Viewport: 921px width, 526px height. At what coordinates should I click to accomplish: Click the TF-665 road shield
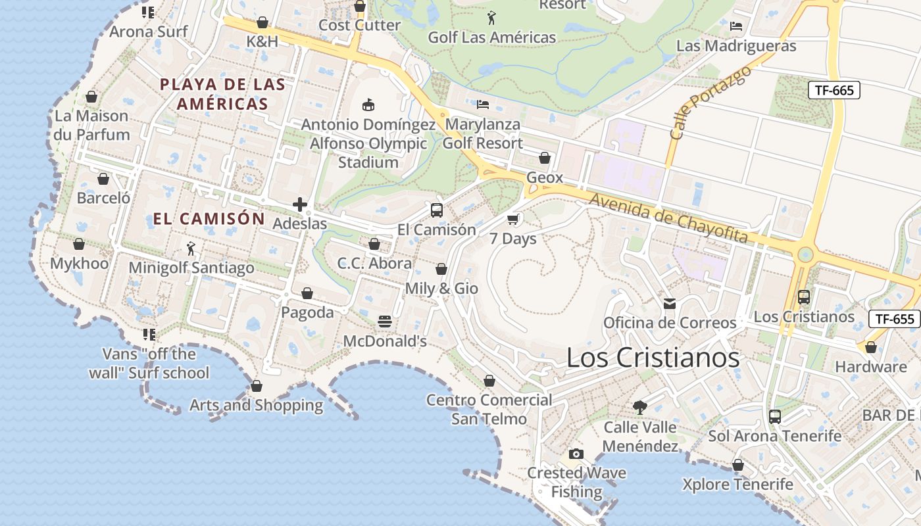coord(834,90)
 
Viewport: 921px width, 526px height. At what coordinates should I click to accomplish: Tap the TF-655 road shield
coord(894,319)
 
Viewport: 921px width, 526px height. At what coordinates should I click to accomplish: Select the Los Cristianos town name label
coord(653,358)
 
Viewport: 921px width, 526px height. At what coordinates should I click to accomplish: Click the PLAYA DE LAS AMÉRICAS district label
coord(223,94)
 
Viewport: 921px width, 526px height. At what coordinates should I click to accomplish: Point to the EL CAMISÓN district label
coord(209,219)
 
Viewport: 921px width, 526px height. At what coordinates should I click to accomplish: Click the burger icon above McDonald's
coord(385,322)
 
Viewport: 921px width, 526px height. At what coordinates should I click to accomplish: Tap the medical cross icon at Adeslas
coord(300,204)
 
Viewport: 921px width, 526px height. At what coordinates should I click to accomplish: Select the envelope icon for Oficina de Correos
coord(670,303)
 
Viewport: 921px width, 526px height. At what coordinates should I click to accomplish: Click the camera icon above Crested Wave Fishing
coord(576,454)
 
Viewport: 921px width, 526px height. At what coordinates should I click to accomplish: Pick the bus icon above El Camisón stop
coord(436,210)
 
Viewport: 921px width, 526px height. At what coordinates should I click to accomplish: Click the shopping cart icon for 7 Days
coord(513,219)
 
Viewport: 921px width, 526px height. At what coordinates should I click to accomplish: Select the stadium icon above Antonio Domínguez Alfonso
coord(368,105)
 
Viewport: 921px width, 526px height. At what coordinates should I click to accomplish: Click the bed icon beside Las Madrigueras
coord(736,26)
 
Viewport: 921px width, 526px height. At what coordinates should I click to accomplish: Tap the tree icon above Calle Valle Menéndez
coord(639,408)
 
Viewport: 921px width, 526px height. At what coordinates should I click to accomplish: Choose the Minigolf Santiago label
coord(191,268)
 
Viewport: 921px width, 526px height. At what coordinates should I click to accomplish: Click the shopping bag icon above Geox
coord(545,158)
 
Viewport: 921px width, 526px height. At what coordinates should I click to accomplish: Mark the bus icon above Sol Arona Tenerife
coord(774,416)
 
